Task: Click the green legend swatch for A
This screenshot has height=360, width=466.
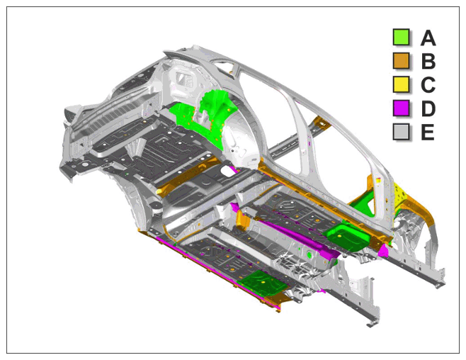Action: tap(401, 37)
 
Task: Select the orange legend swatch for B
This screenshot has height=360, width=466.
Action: tap(401, 61)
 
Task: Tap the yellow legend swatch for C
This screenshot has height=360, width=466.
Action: tap(401, 84)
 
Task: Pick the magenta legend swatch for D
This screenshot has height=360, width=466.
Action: tap(401, 108)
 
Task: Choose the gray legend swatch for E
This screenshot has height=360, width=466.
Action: tap(401, 131)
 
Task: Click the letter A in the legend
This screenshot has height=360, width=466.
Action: tap(428, 38)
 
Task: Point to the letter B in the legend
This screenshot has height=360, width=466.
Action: tap(428, 61)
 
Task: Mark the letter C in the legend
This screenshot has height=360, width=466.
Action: tap(428, 85)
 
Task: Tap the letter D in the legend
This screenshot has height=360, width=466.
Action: tap(428, 108)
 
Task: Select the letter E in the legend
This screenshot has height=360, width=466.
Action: tap(428, 132)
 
